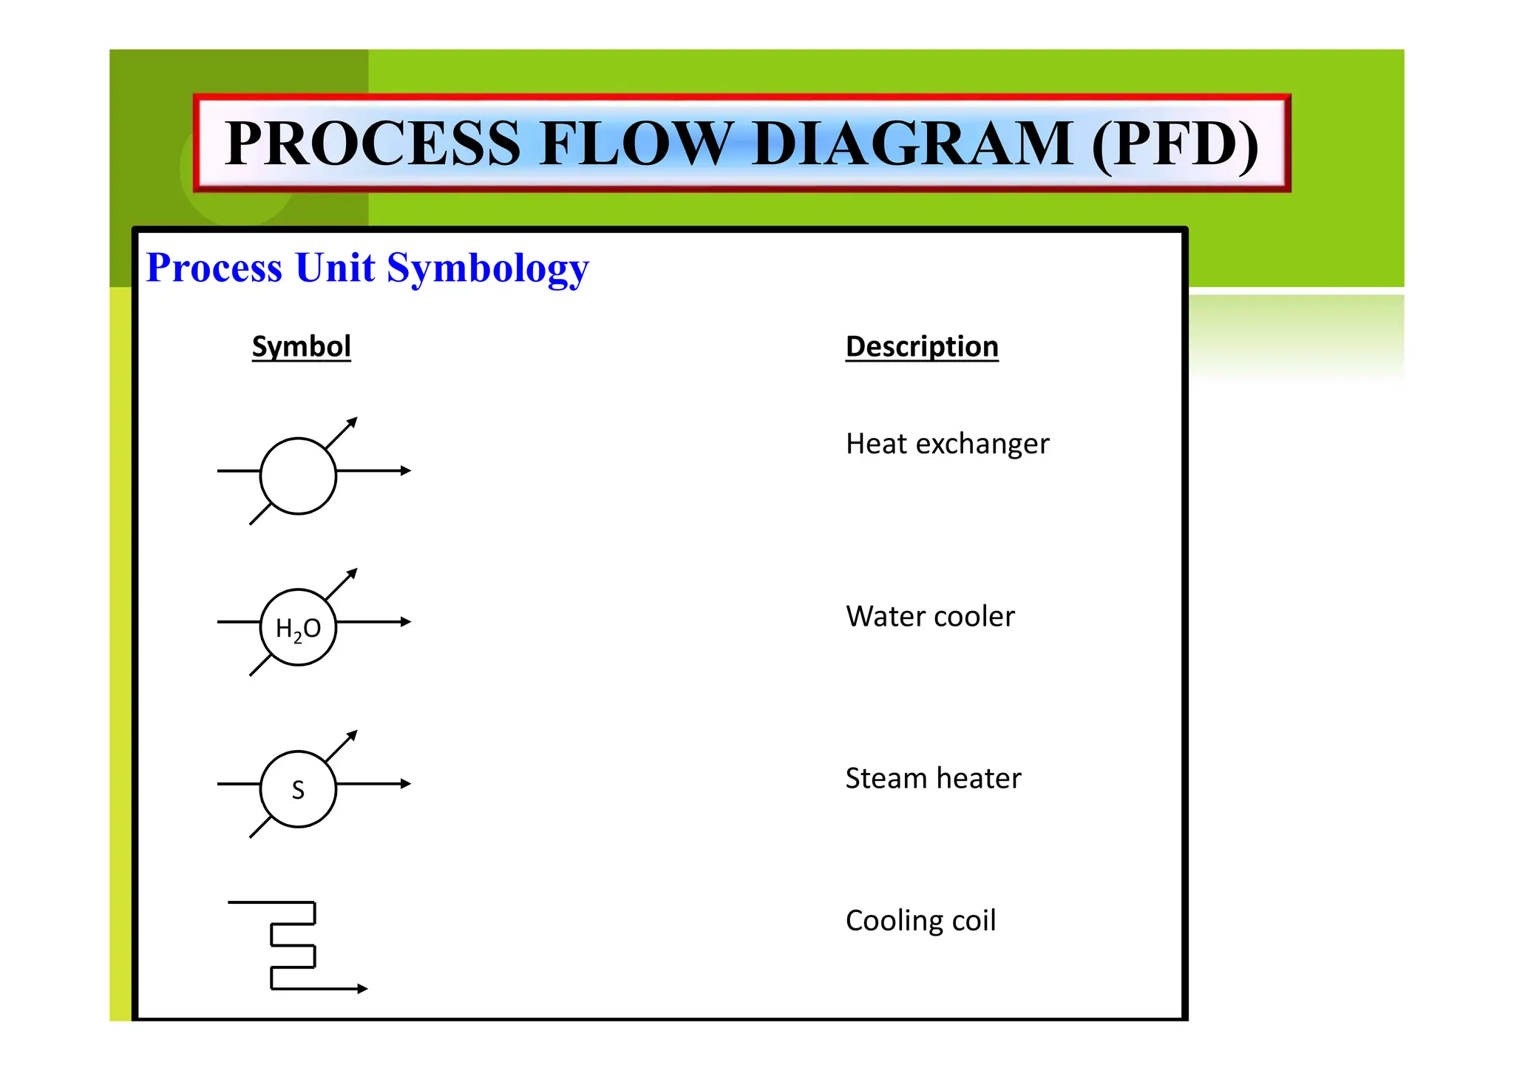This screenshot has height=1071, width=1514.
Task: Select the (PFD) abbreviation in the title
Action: [x=1175, y=144]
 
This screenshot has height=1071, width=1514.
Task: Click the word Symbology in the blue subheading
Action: [x=488, y=269]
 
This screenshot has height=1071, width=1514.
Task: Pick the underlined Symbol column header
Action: [x=301, y=346]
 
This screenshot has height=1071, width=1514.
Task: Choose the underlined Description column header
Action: [x=922, y=346]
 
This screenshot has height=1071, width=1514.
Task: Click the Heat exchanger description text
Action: [x=947, y=444]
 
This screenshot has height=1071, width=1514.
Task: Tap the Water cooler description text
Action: [x=930, y=616]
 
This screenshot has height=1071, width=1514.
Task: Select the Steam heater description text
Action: [x=933, y=778]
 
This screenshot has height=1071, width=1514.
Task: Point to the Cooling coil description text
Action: [x=920, y=921]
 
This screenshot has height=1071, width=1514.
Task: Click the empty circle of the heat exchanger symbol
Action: [x=298, y=476]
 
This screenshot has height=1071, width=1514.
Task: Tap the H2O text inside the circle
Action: [x=298, y=629]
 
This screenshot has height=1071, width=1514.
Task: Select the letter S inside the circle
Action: [x=298, y=790]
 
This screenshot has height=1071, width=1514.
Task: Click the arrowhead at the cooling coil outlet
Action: [x=362, y=988]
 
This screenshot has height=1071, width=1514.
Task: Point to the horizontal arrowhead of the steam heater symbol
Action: [x=405, y=783]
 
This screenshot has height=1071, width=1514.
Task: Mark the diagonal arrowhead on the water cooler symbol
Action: [x=353, y=573]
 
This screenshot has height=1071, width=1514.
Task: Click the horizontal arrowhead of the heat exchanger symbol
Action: [x=405, y=470]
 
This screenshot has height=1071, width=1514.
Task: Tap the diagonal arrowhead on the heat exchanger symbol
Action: [x=353, y=422]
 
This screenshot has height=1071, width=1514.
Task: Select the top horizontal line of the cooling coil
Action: [x=271, y=902]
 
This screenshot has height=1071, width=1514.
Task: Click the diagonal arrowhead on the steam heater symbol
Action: [x=353, y=735]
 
